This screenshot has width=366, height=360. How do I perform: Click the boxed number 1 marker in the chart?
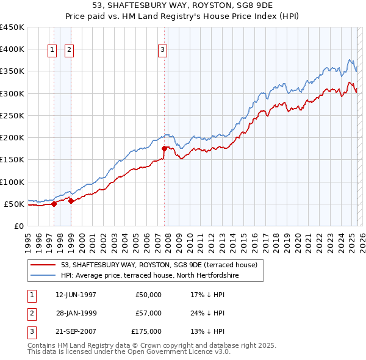pyautogui.click(x=53, y=50)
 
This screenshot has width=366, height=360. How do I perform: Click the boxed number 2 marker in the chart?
pyautogui.click(x=69, y=50)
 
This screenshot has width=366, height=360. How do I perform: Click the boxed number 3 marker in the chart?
pyautogui.click(x=163, y=50)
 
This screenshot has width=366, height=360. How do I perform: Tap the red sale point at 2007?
pyautogui.click(x=164, y=148)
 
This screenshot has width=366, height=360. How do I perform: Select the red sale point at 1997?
pyautogui.click(x=54, y=204)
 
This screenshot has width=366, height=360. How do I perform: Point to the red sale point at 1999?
pyautogui.click(x=71, y=201)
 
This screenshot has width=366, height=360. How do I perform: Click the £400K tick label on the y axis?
pyautogui.click(x=12, y=49)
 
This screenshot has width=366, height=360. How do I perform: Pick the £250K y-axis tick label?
pyautogui.click(x=12, y=115)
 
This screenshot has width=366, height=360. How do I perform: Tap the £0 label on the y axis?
pyautogui.click(x=18, y=226)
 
